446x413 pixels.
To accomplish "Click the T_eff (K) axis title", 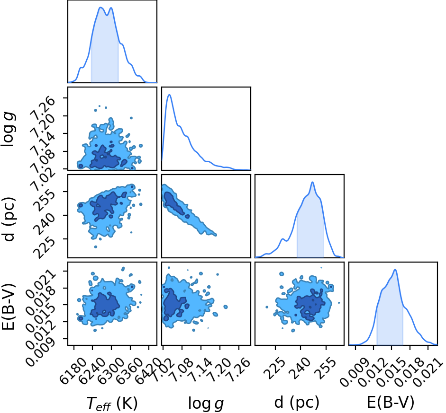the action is coord(112,403).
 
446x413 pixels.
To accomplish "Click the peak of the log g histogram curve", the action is coord(170,95).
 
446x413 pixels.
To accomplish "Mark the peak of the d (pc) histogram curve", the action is coord(312,182).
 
